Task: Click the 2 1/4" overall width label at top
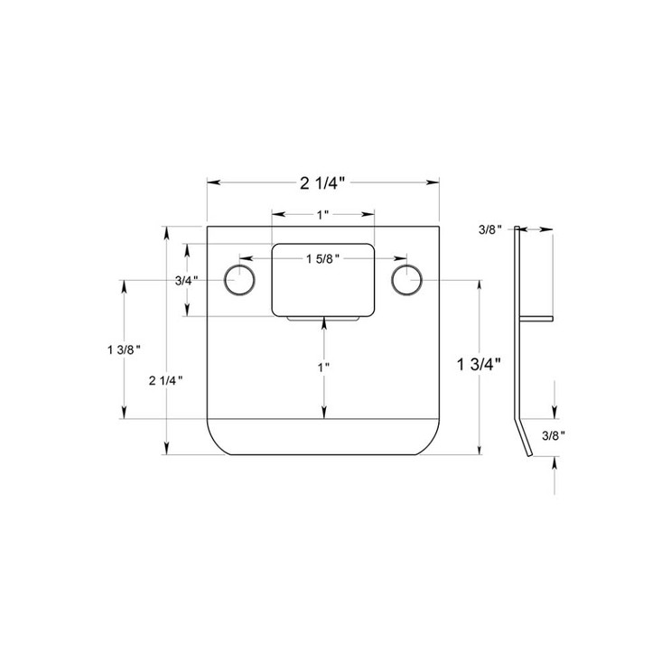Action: (x=323, y=184)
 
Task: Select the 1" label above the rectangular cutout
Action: (x=322, y=214)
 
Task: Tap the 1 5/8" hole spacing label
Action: (x=322, y=259)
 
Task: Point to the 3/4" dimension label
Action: (x=186, y=280)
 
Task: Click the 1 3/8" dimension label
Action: (x=123, y=349)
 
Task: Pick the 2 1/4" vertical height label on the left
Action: (x=167, y=379)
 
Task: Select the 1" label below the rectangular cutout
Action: (x=322, y=368)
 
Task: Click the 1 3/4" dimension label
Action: (x=479, y=366)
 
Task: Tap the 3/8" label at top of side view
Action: (x=489, y=230)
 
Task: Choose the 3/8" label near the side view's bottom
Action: (x=554, y=435)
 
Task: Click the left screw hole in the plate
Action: (x=239, y=280)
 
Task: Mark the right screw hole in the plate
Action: (x=406, y=280)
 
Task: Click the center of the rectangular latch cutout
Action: (x=323, y=279)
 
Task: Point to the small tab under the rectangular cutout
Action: (x=323, y=319)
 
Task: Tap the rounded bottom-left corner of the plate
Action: (x=217, y=445)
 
